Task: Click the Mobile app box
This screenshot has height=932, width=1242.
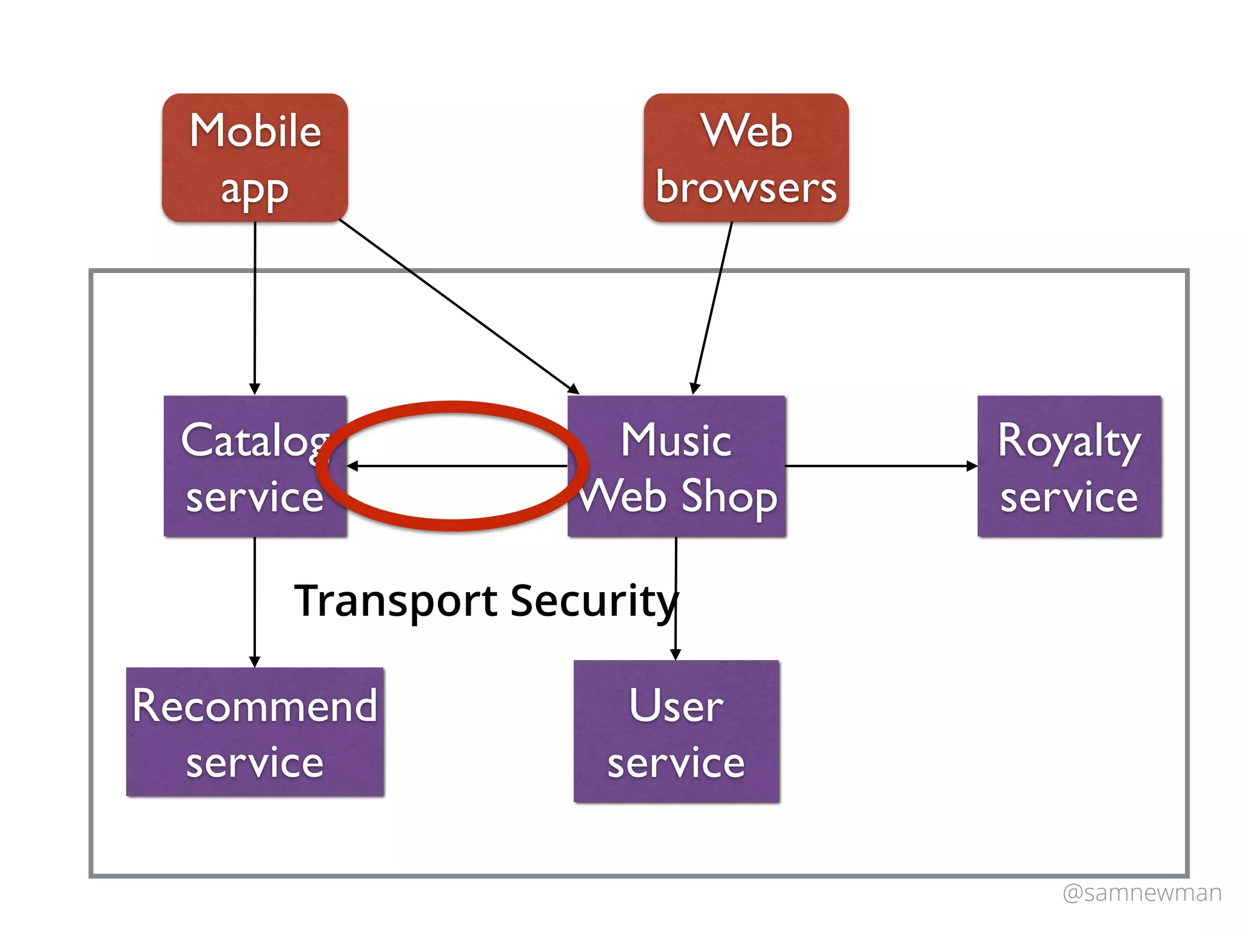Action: pos(255,158)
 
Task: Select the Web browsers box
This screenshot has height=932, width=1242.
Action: pos(746,158)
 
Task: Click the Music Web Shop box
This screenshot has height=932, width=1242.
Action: pos(676,466)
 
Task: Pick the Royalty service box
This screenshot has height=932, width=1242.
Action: pos(1069,466)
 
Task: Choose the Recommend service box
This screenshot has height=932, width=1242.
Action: pos(255,732)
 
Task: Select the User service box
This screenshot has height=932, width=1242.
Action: pos(676,732)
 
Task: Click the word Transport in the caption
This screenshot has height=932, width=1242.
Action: pos(395,601)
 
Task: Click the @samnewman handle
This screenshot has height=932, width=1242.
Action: pos(1142,893)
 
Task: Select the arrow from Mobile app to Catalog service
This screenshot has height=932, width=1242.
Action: pos(255,303)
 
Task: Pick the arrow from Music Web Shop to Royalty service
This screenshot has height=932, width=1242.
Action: pos(879,466)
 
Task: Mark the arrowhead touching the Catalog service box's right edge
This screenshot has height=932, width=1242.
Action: pos(352,466)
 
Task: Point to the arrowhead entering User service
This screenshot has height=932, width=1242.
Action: pos(676,654)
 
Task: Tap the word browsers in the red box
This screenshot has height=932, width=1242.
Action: pos(746,188)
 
